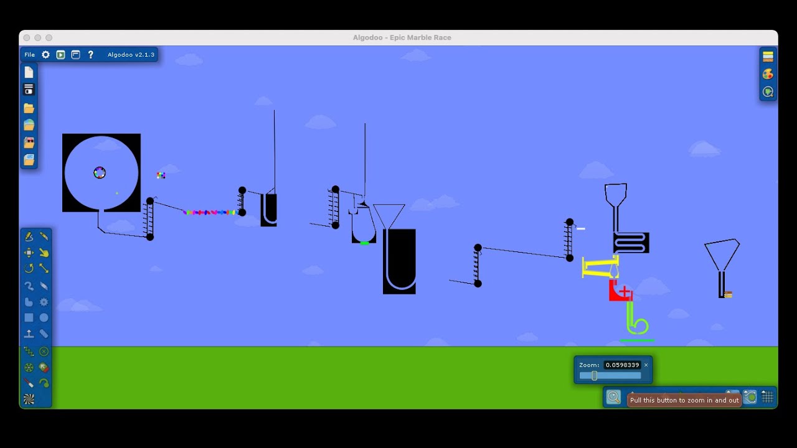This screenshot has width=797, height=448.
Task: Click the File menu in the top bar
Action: (x=29, y=55)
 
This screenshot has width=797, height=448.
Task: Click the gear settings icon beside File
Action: (x=45, y=55)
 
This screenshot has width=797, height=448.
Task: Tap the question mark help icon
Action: (x=91, y=55)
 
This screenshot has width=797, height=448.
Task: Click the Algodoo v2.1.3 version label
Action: (x=131, y=55)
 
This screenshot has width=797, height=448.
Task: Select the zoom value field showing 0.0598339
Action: (x=622, y=365)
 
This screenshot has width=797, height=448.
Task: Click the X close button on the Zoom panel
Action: (x=646, y=365)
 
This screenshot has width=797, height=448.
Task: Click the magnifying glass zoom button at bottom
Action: (x=613, y=397)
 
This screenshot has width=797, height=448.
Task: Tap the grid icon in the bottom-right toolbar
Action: (x=768, y=396)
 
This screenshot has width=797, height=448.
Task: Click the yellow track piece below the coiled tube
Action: (x=600, y=268)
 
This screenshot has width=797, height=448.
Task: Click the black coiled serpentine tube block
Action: (x=631, y=243)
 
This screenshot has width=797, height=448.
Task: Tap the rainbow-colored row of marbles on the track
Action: (x=210, y=213)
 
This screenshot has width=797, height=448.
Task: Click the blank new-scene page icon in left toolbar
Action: (x=29, y=72)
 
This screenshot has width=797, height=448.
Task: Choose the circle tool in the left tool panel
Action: (x=44, y=317)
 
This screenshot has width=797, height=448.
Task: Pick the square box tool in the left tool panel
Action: (x=29, y=317)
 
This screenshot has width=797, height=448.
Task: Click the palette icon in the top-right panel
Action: (x=768, y=74)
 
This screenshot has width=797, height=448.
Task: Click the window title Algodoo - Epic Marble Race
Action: (x=402, y=38)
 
